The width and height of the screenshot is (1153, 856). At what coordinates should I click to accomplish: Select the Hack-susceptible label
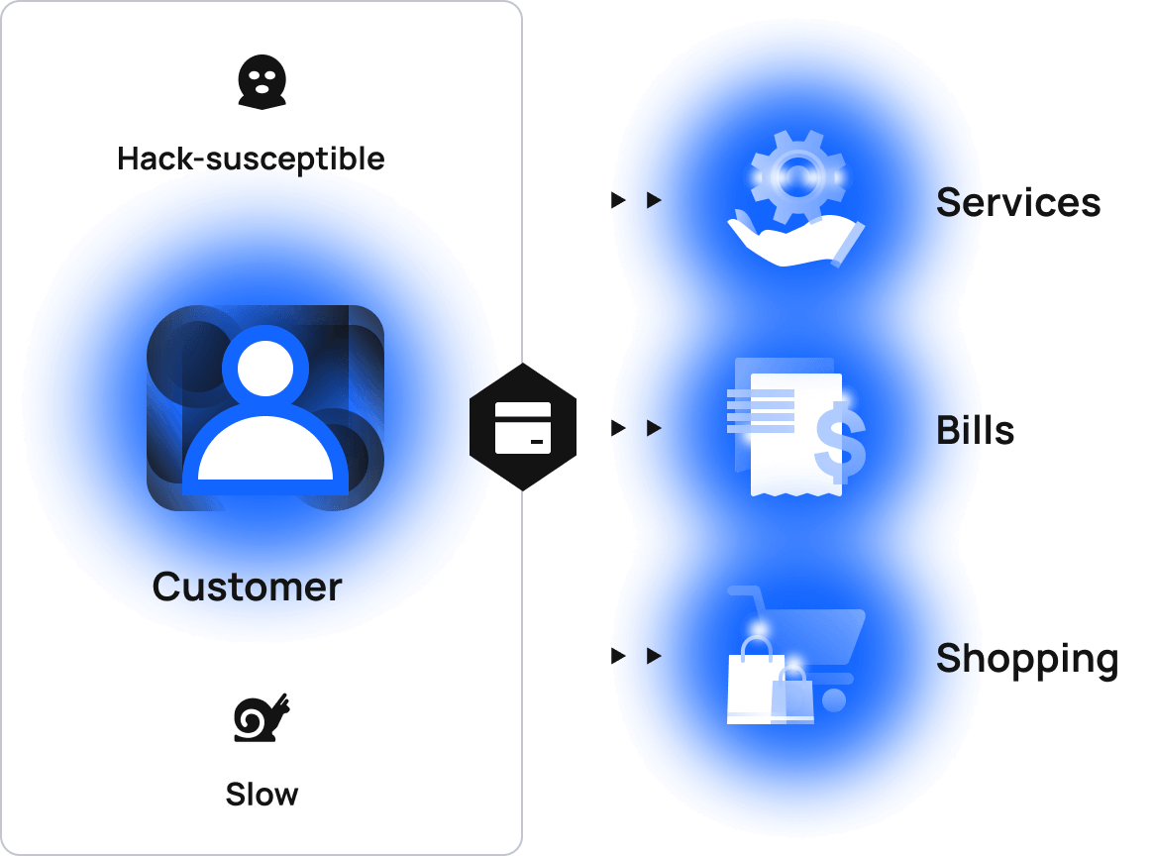click(x=251, y=159)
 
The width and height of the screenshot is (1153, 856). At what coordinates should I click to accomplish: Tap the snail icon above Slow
click(x=262, y=717)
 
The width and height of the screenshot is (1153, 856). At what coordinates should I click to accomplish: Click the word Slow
click(x=262, y=795)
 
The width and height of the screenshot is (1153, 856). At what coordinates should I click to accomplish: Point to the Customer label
click(x=247, y=587)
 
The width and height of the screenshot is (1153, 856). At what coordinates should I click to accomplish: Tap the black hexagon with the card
click(x=522, y=427)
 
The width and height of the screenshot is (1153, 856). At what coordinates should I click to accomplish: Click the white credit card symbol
click(x=522, y=428)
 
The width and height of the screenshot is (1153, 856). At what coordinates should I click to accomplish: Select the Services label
click(x=1017, y=202)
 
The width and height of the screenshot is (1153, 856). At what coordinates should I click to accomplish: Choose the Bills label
click(x=975, y=430)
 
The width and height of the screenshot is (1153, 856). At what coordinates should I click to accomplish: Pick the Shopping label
click(x=1026, y=658)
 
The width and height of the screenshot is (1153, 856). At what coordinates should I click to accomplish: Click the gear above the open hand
click(x=797, y=176)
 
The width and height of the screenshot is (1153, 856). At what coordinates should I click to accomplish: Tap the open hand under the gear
click(x=792, y=242)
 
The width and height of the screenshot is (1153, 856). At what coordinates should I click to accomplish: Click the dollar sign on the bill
click(x=840, y=442)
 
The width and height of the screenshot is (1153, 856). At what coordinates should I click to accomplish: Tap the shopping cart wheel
click(x=834, y=699)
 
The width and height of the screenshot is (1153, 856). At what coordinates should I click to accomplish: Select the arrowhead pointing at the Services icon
click(x=654, y=200)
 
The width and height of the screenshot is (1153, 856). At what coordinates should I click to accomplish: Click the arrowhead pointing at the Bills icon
click(x=654, y=428)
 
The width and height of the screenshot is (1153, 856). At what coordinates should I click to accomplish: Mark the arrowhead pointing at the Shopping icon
click(x=654, y=656)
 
